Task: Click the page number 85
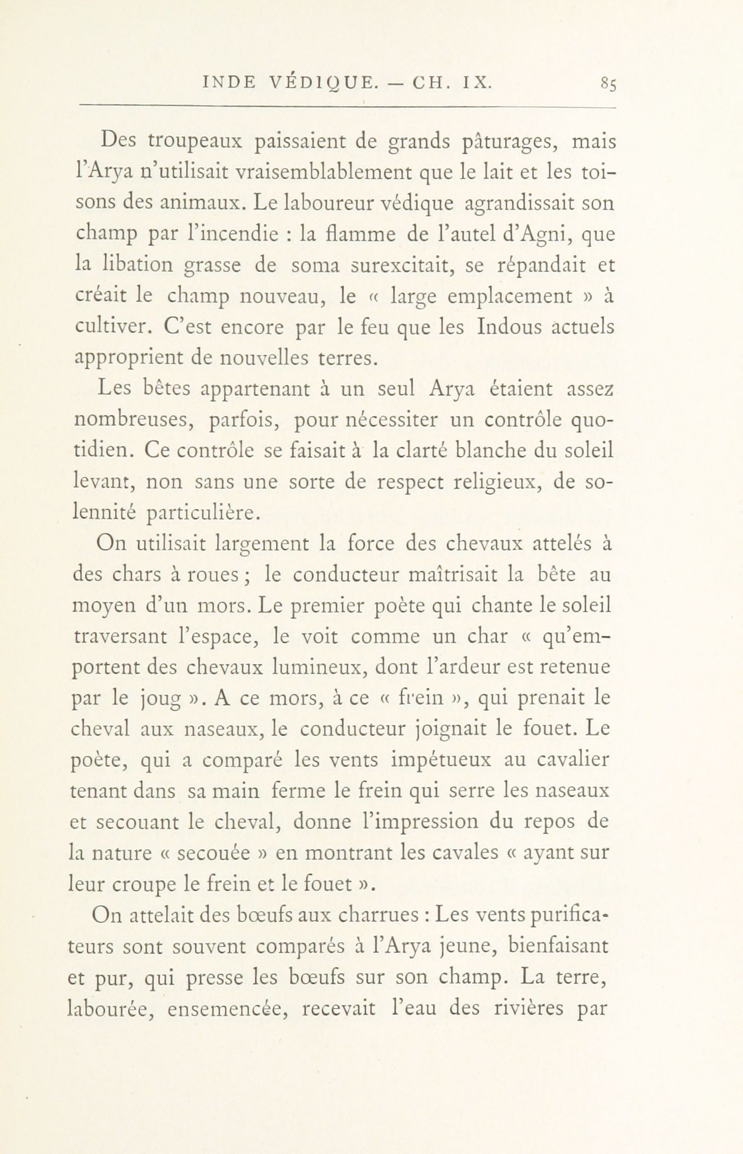click(608, 84)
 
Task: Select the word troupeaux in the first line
click(195, 142)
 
